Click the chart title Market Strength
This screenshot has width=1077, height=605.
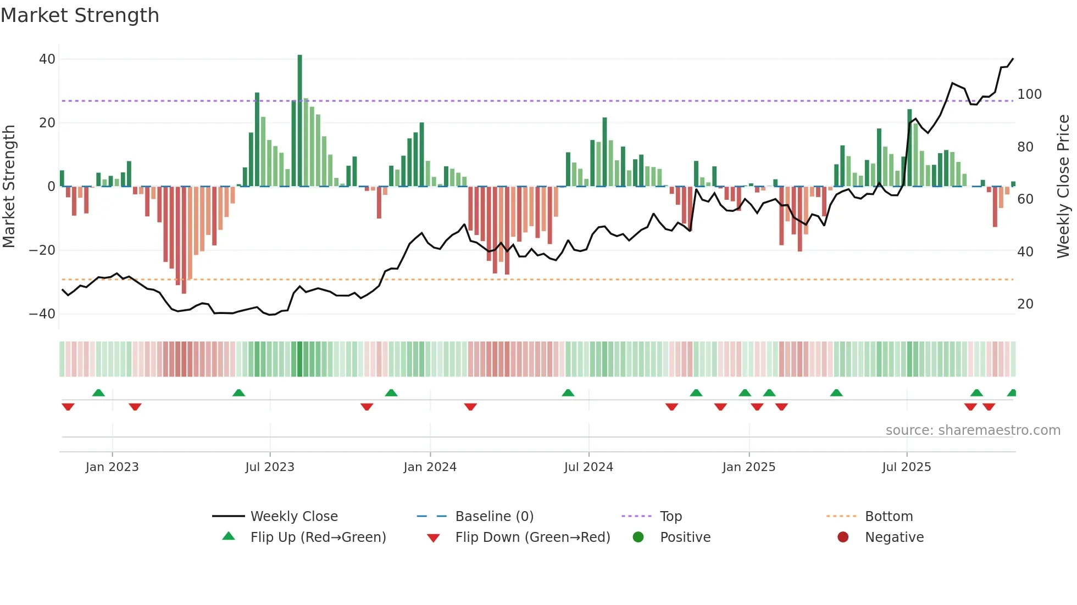point(80,15)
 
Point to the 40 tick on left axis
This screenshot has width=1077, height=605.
point(47,59)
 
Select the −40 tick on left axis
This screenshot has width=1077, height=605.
point(42,314)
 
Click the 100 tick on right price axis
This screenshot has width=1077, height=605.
point(1029,94)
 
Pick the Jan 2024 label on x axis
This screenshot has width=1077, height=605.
point(430,467)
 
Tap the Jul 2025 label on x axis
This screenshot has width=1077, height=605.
point(906,467)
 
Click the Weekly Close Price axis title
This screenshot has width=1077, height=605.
point(1063,187)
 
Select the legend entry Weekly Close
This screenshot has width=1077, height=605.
point(293,517)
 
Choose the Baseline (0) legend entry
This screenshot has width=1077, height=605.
point(494,517)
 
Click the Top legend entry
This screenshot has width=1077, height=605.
point(670,517)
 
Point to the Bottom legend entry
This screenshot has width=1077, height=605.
point(889,517)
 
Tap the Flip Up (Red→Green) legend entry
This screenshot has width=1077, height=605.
point(318,537)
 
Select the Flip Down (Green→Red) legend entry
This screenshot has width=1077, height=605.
point(532,537)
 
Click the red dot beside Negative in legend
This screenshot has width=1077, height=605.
point(842,537)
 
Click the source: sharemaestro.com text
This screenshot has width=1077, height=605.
point(973,430)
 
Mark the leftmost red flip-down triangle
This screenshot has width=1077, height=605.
point(68,407)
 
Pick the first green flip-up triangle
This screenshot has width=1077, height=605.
point(98,393)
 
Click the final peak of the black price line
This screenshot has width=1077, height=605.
point(1013,59)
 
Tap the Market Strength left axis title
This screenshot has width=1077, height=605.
point(9,187)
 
